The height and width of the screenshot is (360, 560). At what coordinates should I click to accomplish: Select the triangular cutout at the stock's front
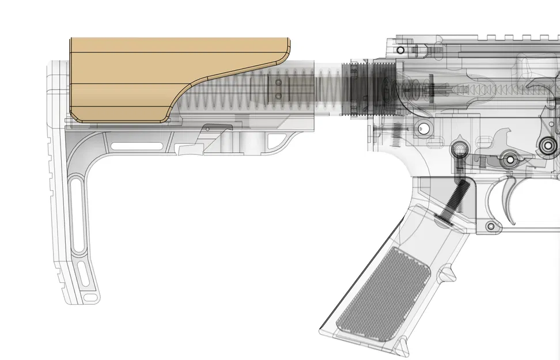[x=277, y=142]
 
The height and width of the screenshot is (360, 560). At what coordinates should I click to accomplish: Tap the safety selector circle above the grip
[x=460, y=149]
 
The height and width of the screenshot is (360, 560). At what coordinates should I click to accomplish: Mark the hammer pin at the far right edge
[x=546, y=147]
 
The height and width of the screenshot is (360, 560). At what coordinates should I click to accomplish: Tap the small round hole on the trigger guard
[x=491, y=227]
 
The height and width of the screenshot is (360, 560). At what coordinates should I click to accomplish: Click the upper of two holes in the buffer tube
[x=278, y=83]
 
